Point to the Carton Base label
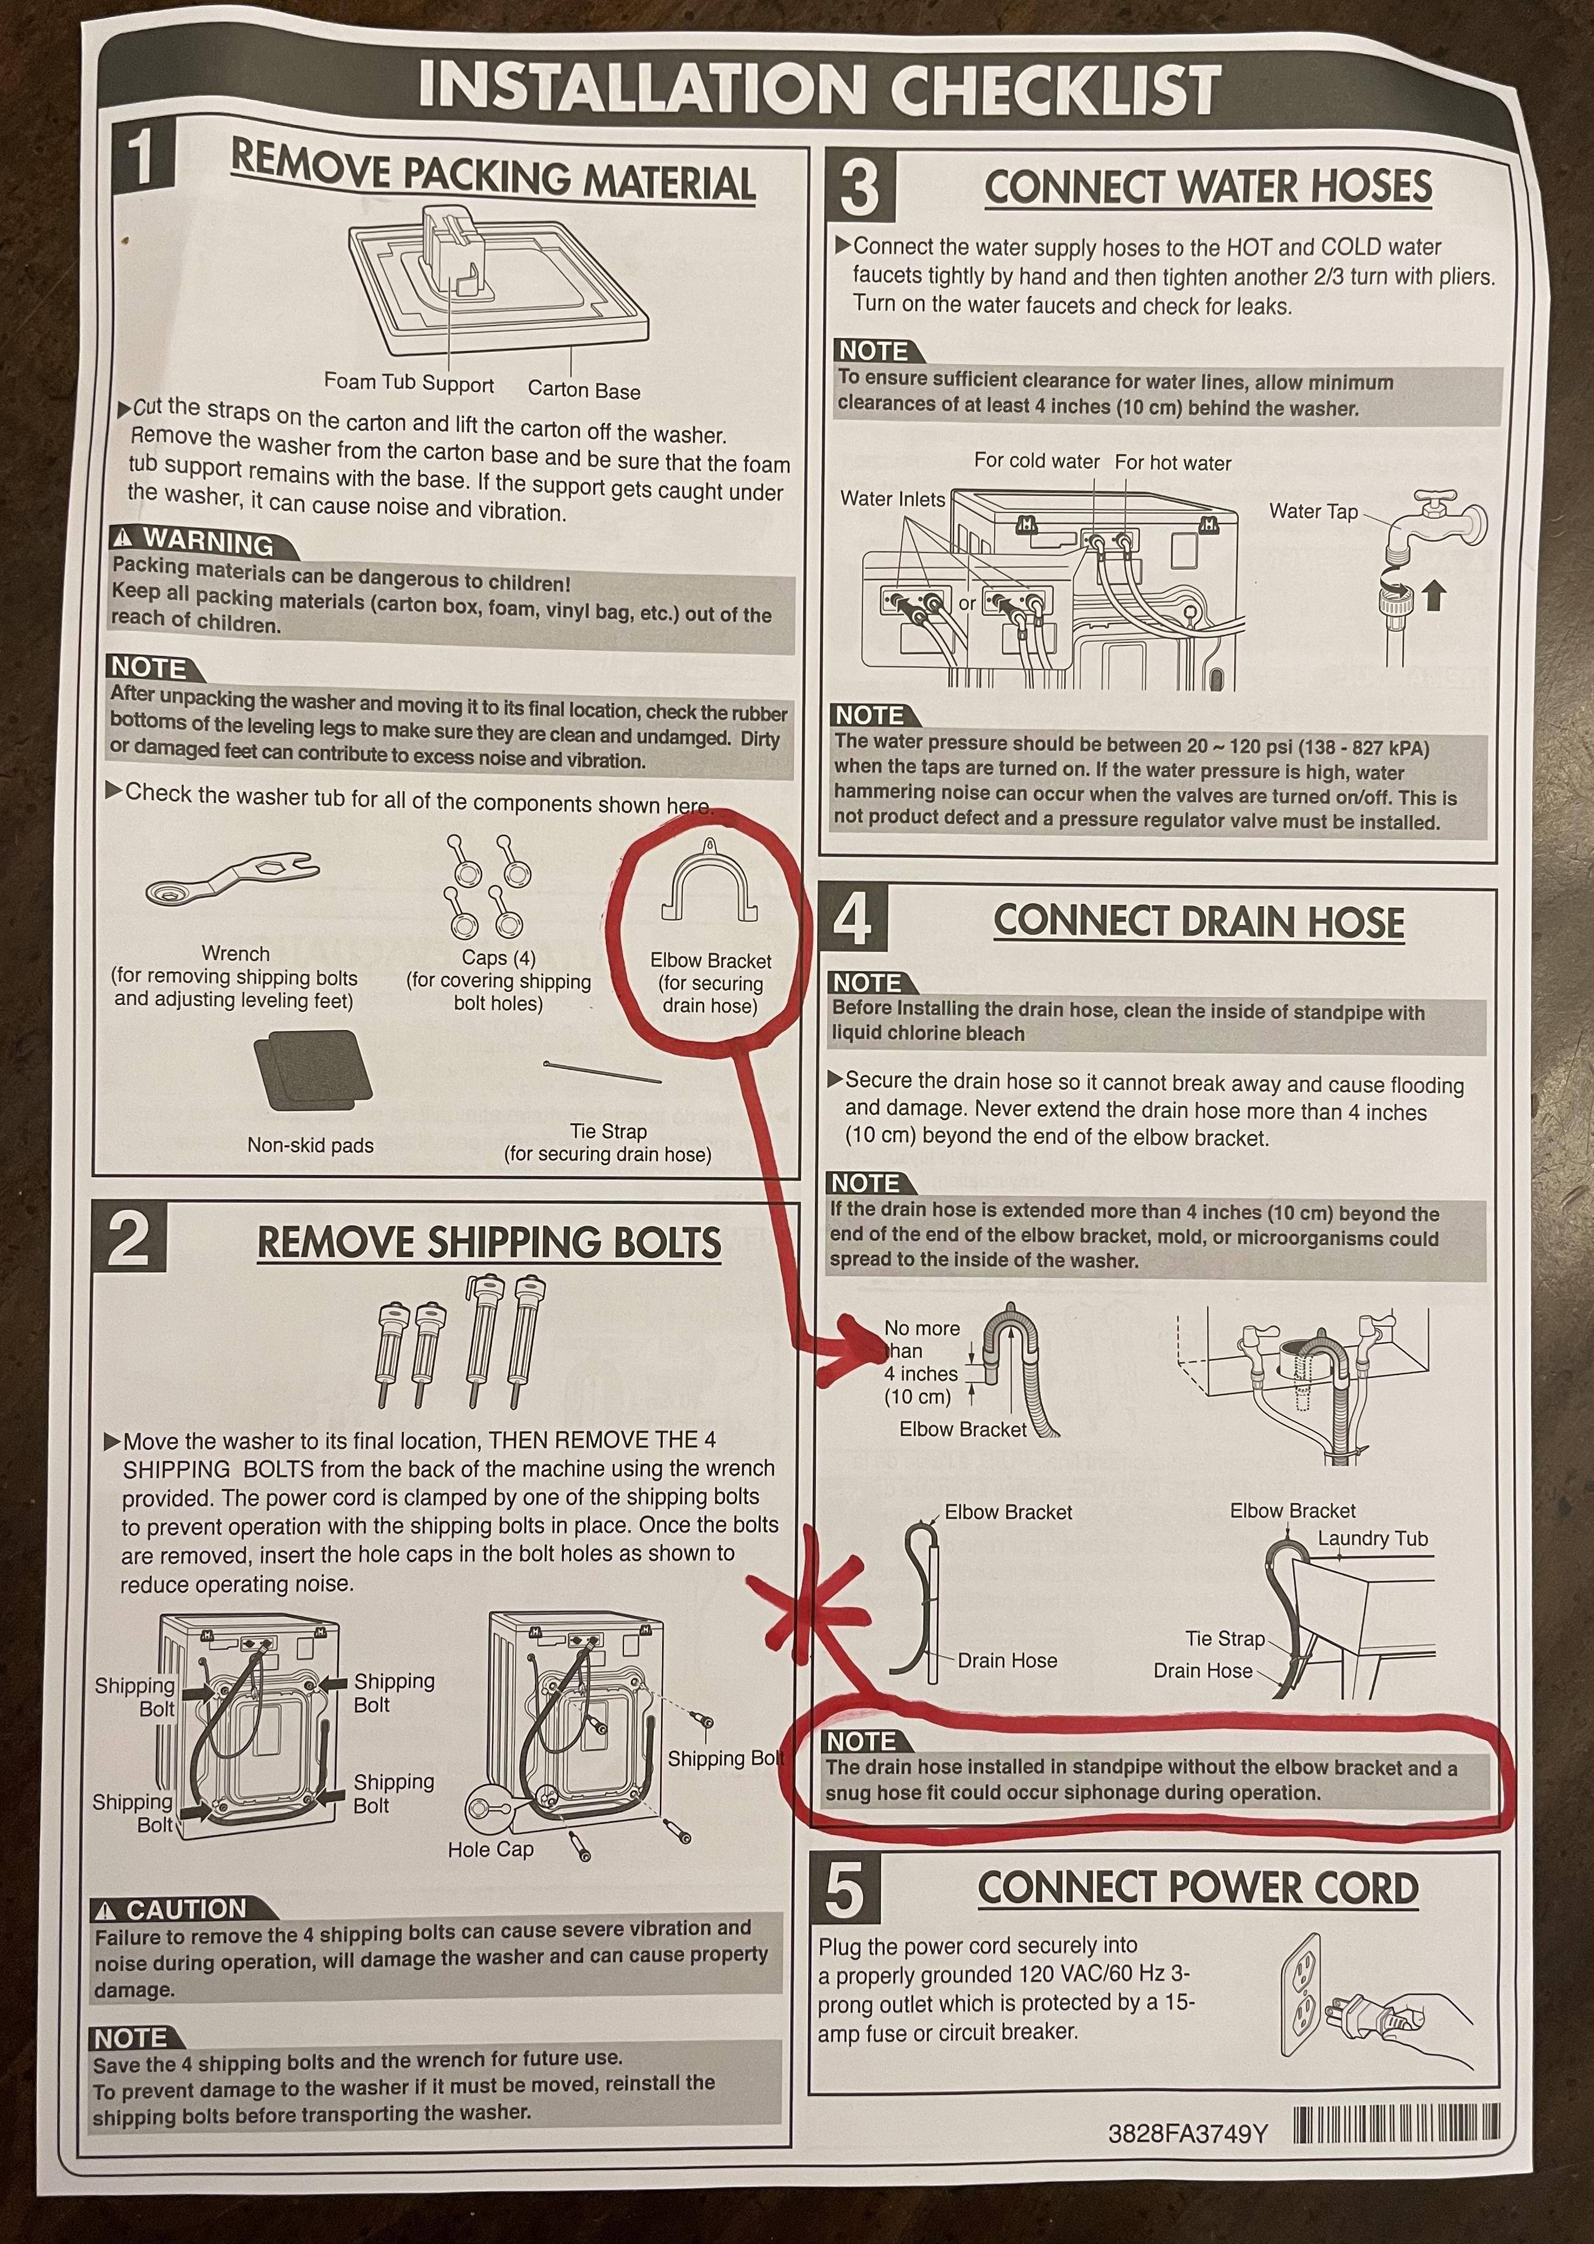(584, 389)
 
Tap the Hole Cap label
(491, 1850)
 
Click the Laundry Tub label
(1372, 1539)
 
